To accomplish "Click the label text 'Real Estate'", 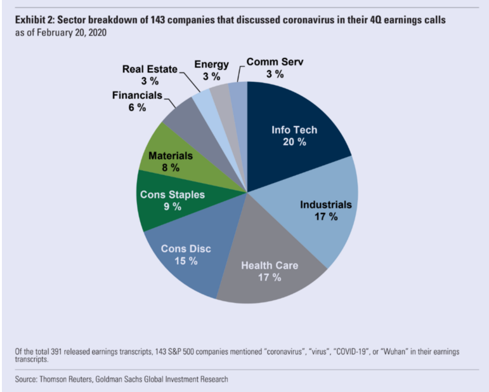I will pyautogui.click(x=150, y=69).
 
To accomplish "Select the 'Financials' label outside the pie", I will pyautogui.click(x=137, y=96).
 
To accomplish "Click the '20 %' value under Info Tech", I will pyautogui.click(x=294, y=142).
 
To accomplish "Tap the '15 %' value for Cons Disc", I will pyautogui.click(x=186, y=260).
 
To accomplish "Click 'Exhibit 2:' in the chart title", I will pyautogui.click(x=33, y=20).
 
